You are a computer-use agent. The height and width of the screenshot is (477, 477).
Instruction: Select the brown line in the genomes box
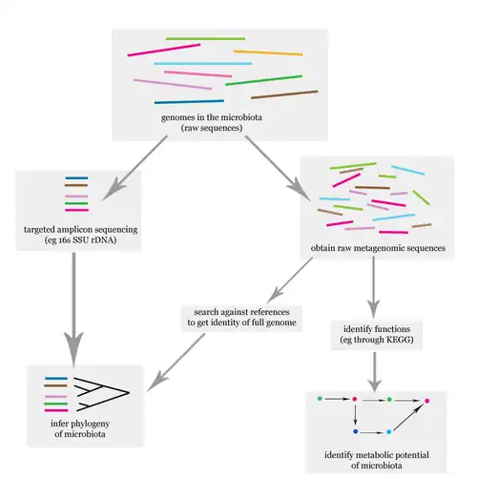[297, 93]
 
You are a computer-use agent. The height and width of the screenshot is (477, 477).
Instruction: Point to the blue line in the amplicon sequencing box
[76, 178]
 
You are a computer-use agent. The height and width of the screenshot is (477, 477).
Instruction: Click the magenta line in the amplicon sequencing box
[76, 211]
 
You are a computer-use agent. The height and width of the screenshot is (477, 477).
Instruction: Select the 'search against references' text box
[244, 319]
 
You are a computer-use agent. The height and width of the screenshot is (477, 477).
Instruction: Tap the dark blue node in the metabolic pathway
[355, 432]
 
